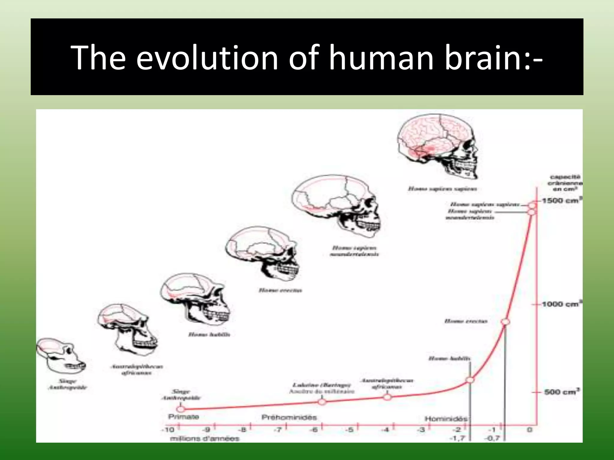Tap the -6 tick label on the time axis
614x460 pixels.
click(314, 430)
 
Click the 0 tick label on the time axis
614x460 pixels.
click(529, 430)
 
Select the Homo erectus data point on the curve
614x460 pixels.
click(505, 322)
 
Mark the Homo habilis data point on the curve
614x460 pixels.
click(470, 380)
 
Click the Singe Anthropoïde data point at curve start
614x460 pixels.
click(180, 409)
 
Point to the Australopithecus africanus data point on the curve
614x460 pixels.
click(387, 397)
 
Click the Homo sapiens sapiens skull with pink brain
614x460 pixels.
click(438, 147)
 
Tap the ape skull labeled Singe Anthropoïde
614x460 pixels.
click(60, 356)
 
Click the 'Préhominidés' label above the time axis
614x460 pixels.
click(289, 417)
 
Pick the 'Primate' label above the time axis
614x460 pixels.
click(183, 417)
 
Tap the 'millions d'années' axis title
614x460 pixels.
click(205, 439)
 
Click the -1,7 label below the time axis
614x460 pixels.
click(458, 438)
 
